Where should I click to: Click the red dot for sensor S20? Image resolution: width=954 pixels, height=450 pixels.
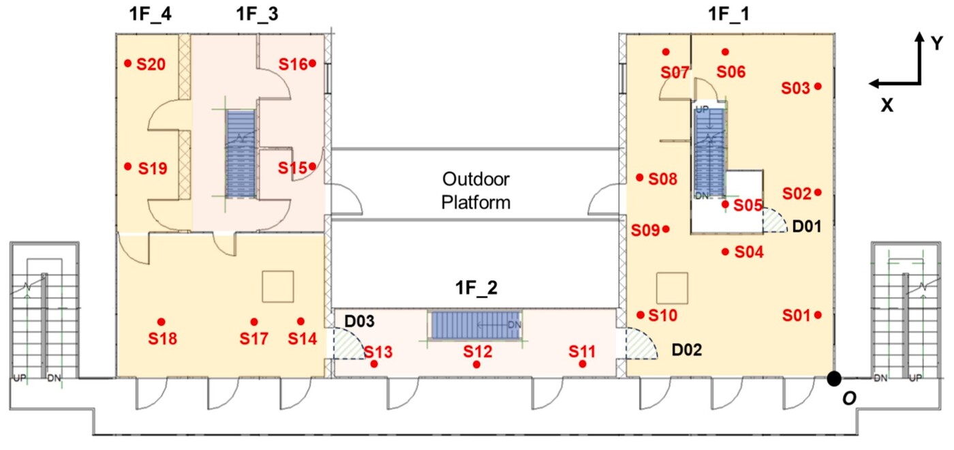point(127,63)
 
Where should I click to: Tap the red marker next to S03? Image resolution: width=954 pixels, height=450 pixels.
point(818,86)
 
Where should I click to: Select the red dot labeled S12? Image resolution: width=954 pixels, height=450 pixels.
point(477,365)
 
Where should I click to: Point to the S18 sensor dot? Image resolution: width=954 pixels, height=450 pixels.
point(161,321)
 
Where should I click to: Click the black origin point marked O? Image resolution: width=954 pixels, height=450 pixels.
point(833,378)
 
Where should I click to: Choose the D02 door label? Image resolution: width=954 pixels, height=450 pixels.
point(687,350)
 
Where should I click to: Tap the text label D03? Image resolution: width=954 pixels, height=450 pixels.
point(359,320)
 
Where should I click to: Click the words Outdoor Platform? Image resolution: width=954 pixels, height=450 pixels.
point(476,191)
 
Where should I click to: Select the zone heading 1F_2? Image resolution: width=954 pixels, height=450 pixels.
point(476,288)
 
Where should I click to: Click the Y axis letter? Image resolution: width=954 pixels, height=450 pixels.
point(937,44)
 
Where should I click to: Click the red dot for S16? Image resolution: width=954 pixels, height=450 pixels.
point(312,63)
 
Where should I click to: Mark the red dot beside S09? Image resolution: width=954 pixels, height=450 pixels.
point(666,229)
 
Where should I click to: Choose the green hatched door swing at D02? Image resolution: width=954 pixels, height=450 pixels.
point(638,345)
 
